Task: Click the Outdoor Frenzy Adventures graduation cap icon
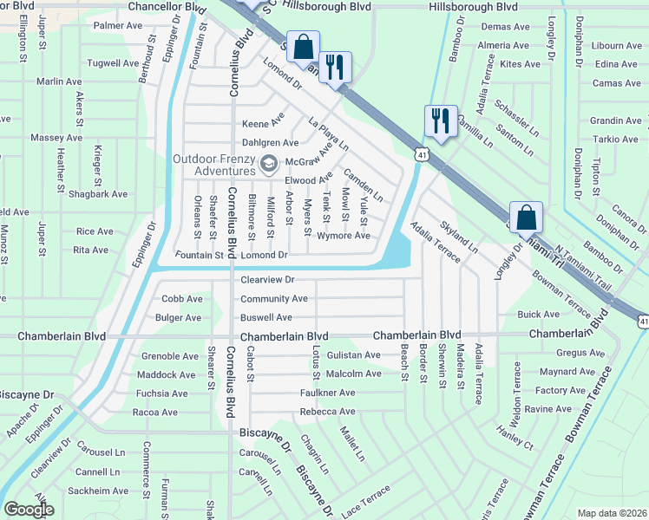coord(269,162)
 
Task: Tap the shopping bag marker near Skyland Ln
coord(526,218)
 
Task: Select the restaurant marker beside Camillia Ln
coord(440,120)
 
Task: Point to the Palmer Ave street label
coord(117,26)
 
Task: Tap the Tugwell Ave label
coord(113,63)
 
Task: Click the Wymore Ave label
coord(344,236)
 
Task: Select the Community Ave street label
coord(274,299)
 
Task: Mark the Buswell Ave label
coord(266,318)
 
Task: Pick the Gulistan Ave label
coord(353,355)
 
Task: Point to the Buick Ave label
coord(539,315)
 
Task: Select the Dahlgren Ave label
coord(270,143)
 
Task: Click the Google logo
coord(29,510)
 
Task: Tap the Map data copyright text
coord(611,513)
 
